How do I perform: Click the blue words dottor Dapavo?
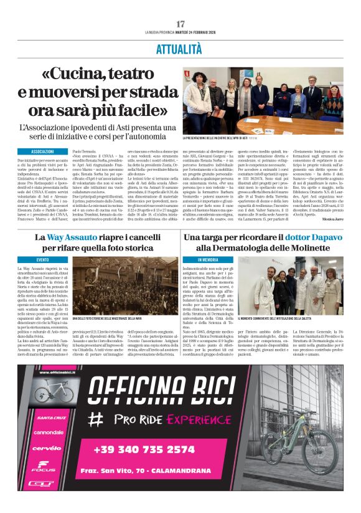coord(314,237)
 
